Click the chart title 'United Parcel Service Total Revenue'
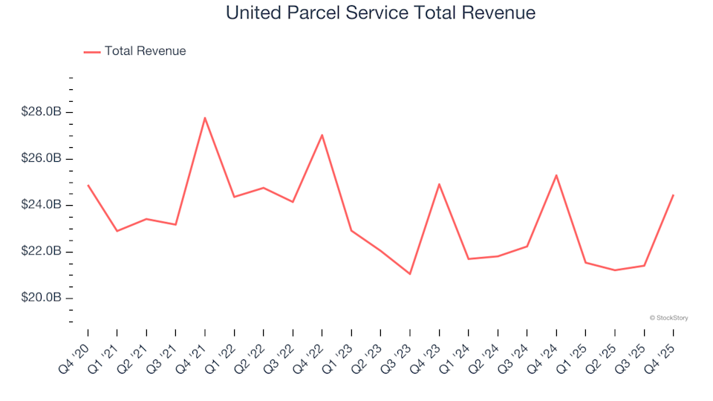coord(380,13)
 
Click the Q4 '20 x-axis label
coord(77,350)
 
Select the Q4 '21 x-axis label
coord(195,350)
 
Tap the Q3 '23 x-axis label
coord(400,350)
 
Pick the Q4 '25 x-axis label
coord(663,350)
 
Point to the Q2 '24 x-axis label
coord(487,350)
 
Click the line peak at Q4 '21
coord(205,117)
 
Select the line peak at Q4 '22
coord(322,134)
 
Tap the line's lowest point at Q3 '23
coord(410,274)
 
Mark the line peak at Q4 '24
coord(556,175)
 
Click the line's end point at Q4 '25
coord(674,195)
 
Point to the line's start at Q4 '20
coord(88,185)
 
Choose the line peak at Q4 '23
coord(439,184)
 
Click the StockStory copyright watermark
coord(668,318)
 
